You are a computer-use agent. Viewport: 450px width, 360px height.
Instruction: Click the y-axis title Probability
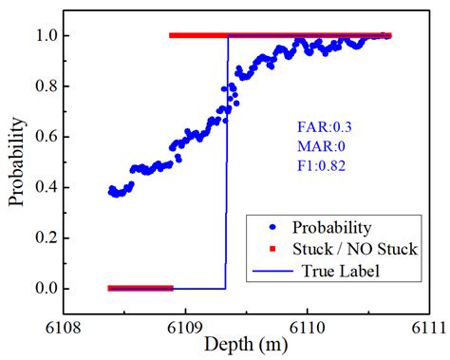tap(17, 161)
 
